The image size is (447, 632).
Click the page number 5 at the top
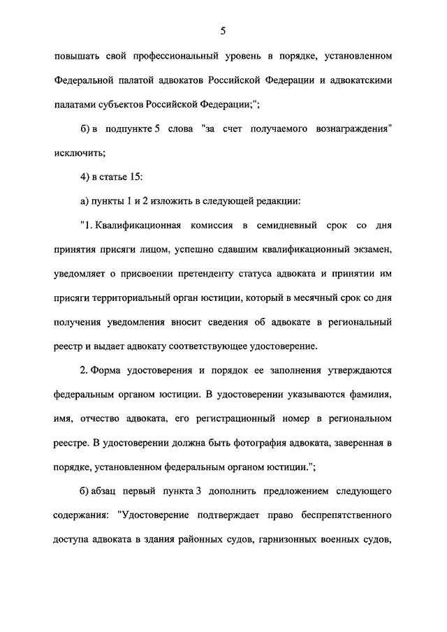tap(223, 30)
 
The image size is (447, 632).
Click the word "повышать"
tap(75, 54)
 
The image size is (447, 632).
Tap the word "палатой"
tap(138, 80)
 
